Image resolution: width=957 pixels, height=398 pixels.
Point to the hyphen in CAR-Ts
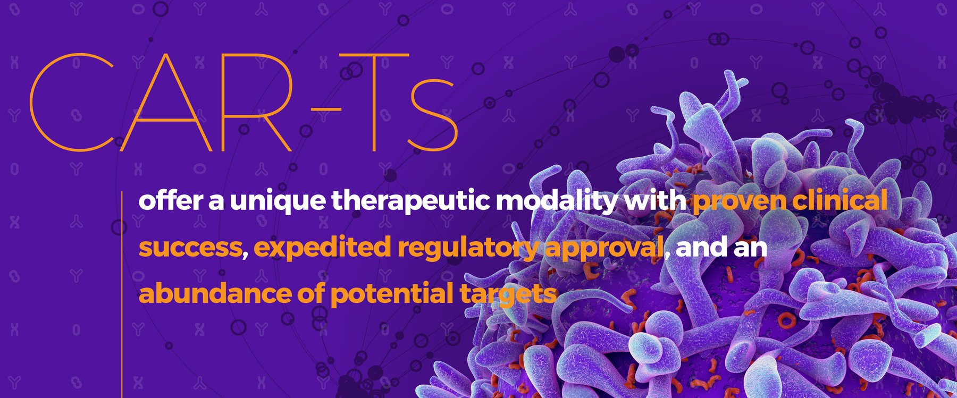click(x=326, y=109)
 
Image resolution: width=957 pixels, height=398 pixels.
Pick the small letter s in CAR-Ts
click(x=433, y=114)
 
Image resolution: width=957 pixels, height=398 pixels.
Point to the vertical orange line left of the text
click(x=123, y=298)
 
